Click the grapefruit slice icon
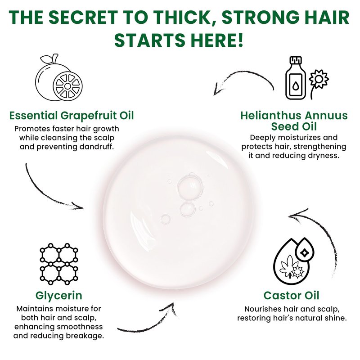point(68,86)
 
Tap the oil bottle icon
point(296,78)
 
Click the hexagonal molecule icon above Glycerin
point(59,264)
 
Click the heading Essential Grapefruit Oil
point(72,116)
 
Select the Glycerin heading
point(59,296)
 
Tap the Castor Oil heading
point(291,296)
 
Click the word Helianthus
point(268,116)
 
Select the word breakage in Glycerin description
point(85,336)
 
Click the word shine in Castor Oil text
point(336,318)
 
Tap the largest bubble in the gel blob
point(190,187)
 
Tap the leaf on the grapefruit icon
point(48,59)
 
